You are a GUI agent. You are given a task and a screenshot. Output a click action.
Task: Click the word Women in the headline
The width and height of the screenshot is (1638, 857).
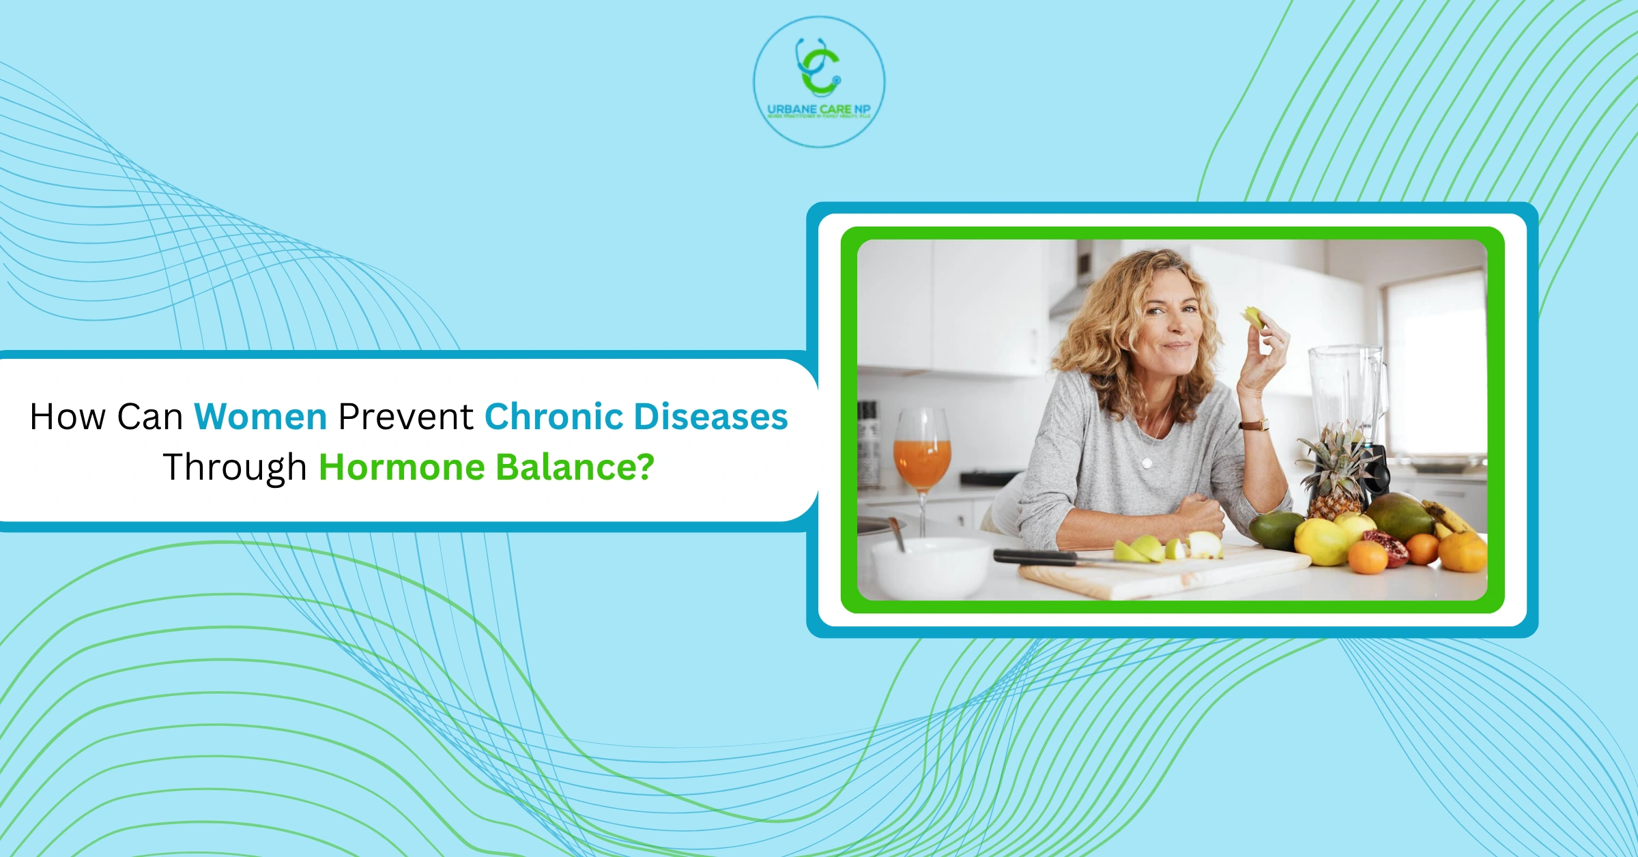[x=260, y=417]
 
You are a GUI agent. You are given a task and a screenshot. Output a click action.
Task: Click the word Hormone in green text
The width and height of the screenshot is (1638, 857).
[x=402, y=468]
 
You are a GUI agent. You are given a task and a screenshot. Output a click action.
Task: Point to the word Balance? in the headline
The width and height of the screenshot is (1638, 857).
[x=575, y=468]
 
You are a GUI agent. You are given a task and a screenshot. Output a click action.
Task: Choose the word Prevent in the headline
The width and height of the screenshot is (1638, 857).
[x=405, y=417]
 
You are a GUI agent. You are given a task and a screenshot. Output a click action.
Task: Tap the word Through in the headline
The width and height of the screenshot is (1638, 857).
[x=235, y=468]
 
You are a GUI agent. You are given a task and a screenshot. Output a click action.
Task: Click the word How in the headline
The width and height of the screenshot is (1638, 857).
[x=68, y=417]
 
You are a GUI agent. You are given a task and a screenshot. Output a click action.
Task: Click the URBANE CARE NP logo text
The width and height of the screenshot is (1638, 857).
[x=818, y=109]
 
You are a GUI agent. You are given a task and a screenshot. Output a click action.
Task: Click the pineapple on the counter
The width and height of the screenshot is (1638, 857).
[x=1334, y=478]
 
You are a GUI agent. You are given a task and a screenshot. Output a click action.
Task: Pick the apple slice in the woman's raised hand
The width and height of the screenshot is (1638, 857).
[x=1253, y=317]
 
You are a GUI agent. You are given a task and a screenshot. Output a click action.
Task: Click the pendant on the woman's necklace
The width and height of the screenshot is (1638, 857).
[x=1147, y=463]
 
